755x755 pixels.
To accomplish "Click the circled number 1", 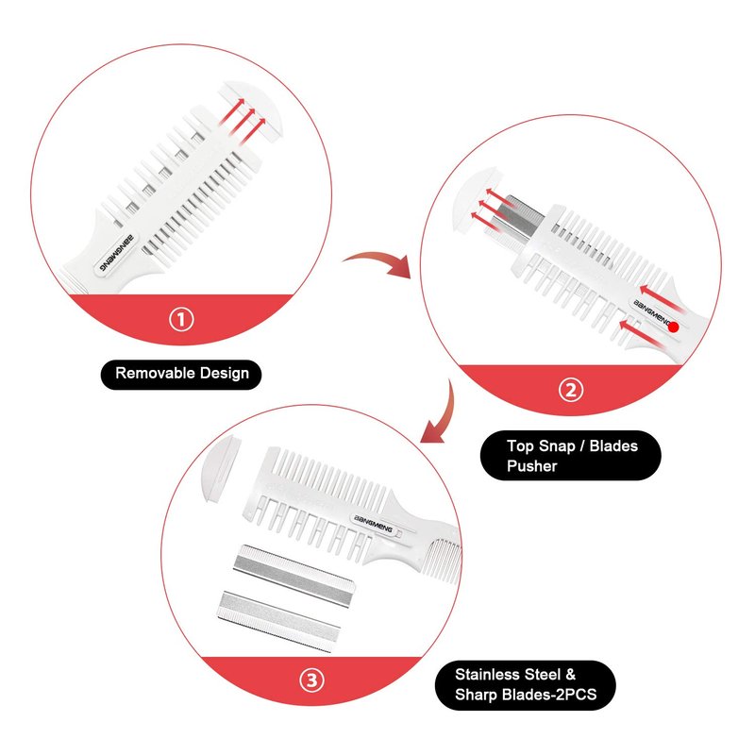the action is (181, 320).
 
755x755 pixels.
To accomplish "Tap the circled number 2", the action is (571, 390).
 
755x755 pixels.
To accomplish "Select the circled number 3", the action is (312, 680).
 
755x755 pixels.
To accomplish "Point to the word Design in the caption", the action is (225, 374).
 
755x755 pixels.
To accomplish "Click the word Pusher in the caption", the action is (531, 466).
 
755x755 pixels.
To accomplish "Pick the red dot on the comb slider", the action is (674, 327).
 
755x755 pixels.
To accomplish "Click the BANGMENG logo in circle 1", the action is (116, 254).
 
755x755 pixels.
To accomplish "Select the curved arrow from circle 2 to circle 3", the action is (442, 414).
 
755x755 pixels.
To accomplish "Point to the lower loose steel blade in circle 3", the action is (278, 622).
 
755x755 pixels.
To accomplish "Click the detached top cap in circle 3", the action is (220, 467).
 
